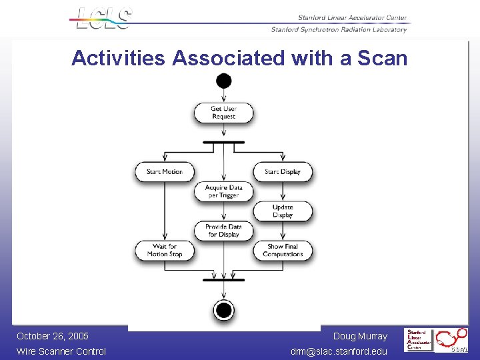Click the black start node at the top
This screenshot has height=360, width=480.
[x=224, y=81]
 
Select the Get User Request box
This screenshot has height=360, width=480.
[x=224, y=113]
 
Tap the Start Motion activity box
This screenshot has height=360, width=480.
[x=164, y=171]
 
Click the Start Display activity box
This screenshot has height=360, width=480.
[x=283, y=171]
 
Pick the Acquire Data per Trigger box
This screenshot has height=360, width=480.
[x=224, y=191]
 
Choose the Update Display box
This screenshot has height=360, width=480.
[x=283, y=211]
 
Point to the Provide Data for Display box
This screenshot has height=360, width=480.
[x=224, y=231]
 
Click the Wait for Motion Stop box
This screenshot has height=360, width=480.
[x=164, y=250]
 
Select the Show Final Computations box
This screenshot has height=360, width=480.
[x=283, y=250]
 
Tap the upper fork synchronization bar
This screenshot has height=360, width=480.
[x=224, y=141]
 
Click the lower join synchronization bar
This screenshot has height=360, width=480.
[x=224, y=279]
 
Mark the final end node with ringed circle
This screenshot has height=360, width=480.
[x=224, y=310]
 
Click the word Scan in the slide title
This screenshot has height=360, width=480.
[x=382, y=58]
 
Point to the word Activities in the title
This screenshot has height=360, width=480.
[x=118, y=58]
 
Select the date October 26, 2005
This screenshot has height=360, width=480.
[x=53, y=336]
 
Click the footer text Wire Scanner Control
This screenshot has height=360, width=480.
[x=61, y=351]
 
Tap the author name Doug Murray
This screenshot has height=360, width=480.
[x=360, y=336]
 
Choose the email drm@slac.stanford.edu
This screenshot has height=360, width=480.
[x=339, y=351]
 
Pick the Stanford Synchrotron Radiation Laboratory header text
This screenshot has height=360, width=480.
[x=339, y=29]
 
